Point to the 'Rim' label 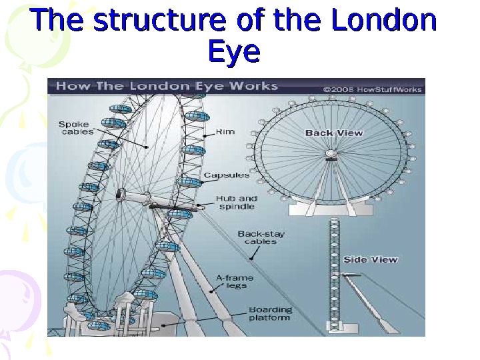[x=225, y=132]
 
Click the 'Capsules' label [x=227, y=175]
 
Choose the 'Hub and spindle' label [x=236, y=203]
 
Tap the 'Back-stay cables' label [x=257, y=237]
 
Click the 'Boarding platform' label [x=270, y=313]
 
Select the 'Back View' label [x=334, y=133]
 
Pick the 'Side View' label [x=370, y=259]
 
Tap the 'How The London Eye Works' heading [x=167, y=87]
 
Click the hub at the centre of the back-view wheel [x=331, y=155]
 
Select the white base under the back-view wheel [x=331, y=208]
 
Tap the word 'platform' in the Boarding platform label [x=270, y=318]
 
